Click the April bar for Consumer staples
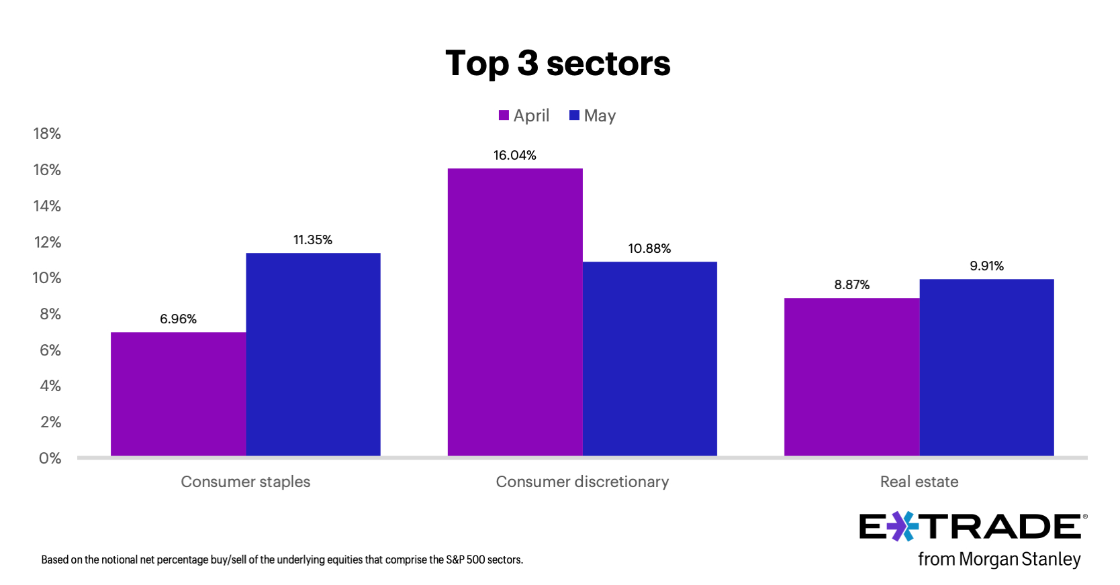(x=178, y=394)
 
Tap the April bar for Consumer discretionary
(x=515, y=312)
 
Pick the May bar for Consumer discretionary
(x=649, y=359)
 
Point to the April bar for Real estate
(x=851, y=377)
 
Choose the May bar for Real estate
(x=986, y=368)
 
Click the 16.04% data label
(x=515, y=156)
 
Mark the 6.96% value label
(x=178, y=319)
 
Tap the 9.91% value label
(x=986, y=266)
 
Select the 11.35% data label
(x=313, y=240)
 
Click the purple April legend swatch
(x=504, y=115)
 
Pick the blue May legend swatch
(x=574, y=115)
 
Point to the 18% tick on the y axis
(x=47, y=134)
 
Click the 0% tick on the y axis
(x=50, y=458)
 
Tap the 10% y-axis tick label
(x=47, y=278)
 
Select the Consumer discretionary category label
(x=582, y=482)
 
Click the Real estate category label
(x=919, y=482)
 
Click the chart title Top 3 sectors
(x=558, y=64)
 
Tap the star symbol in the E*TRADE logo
(x=903, y=527)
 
